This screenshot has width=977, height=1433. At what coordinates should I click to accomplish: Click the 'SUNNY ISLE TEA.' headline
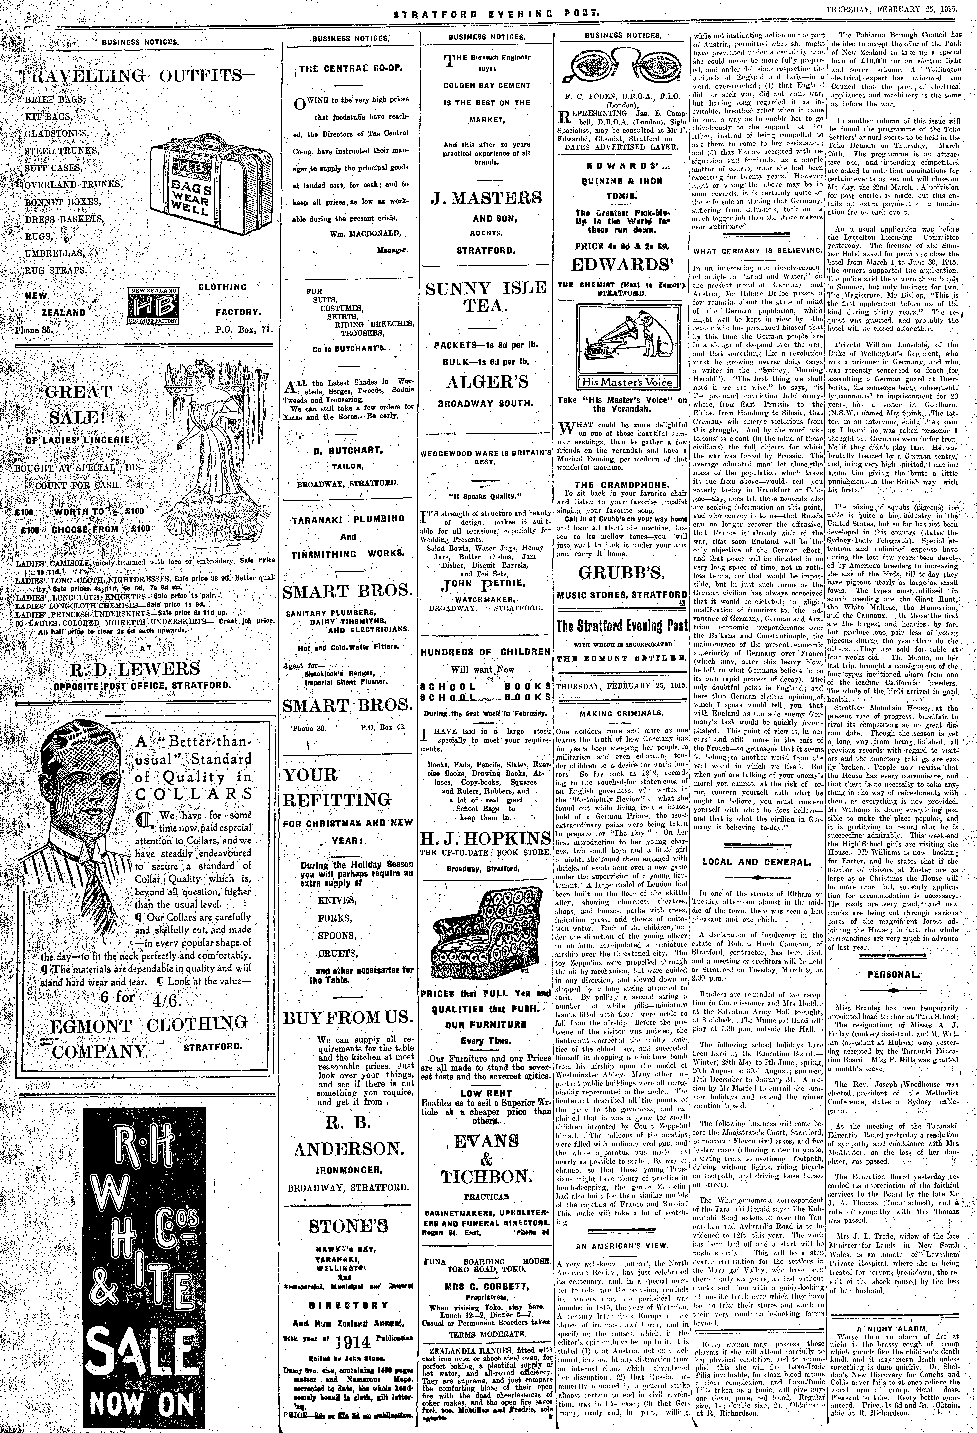point(485,297)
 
